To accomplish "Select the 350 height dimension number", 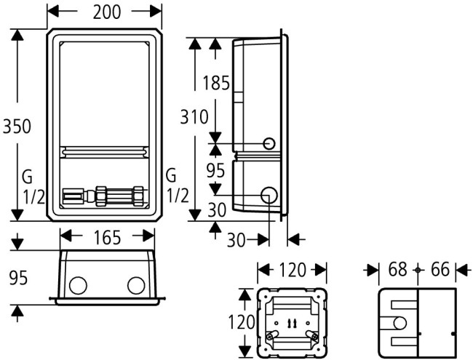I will tap(16, 126).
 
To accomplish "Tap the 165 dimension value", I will tap(107, 236).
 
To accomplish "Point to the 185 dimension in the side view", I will tap(215, 83).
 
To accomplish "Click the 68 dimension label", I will tap(397, 270).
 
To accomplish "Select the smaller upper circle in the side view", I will tap(269, 143).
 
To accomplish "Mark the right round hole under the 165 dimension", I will tap(135, 284).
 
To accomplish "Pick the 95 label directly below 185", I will tap(215, 172).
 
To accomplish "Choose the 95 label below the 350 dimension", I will tap(17, 277).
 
